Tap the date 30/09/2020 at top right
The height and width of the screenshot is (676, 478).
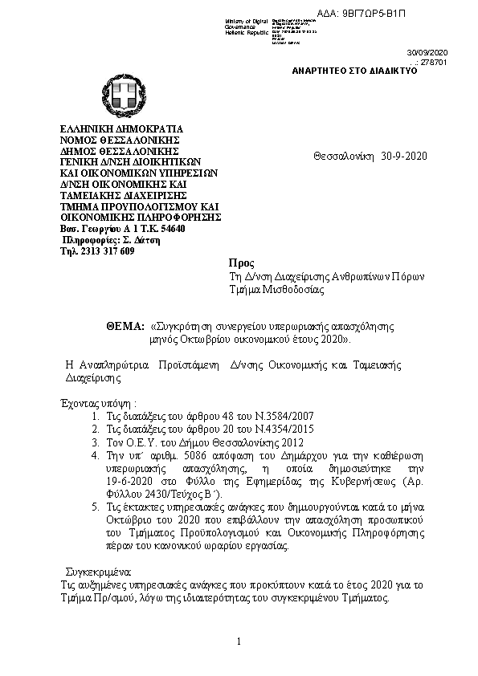(431, 51)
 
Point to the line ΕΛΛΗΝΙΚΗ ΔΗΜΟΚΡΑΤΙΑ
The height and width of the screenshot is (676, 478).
(123, 128)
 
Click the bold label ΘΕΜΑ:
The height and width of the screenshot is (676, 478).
(125, 328)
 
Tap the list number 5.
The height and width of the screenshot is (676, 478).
(96, 507)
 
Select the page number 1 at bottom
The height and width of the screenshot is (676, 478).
(239, 641)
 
